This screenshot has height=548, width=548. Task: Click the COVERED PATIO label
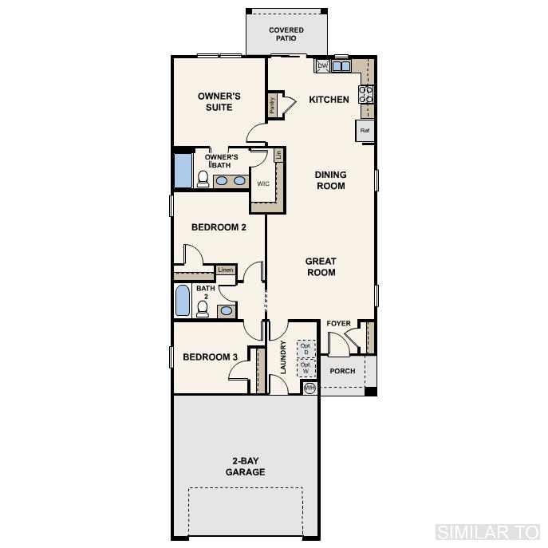point(286,34)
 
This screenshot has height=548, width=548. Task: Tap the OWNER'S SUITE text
point(219,102)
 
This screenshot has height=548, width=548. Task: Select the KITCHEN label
point(329,100)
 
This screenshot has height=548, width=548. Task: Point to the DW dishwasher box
point(323,66)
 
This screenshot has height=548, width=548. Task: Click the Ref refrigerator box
point(365,131)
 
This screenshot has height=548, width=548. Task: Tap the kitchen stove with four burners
point(367,94)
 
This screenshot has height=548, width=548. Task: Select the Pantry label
point(272,105)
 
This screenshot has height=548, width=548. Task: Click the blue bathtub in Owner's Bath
point(183,170)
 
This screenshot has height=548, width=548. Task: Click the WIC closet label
point(262,183)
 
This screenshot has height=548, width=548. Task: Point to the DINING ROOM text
point(330,180)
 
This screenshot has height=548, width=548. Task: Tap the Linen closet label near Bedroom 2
point(225,270)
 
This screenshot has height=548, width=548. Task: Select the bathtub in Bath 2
point(182,302)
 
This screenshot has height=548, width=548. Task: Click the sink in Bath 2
point(227,309)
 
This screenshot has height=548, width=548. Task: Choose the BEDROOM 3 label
point(211,357)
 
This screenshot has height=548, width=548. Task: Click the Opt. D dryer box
point(306,349)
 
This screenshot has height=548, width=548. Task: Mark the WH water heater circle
point(309,388)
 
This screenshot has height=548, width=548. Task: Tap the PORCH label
point(343,372)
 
